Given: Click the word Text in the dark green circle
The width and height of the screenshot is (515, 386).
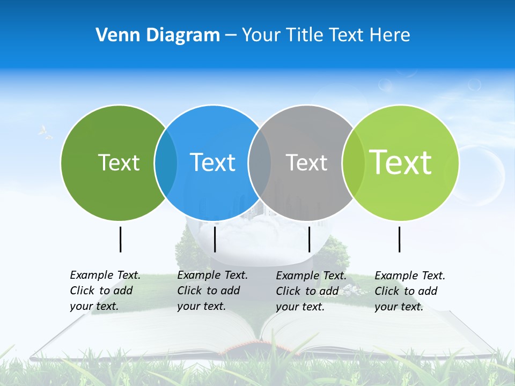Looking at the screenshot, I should coord(119,162).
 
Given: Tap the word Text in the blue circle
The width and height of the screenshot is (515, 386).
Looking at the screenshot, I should coord(212,162).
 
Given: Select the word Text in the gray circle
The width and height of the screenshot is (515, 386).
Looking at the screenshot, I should coord(306,162).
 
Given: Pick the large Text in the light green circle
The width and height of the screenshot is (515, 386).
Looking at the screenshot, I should coord(400,162).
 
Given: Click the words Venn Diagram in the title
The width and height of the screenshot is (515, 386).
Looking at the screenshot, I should coord(158,35).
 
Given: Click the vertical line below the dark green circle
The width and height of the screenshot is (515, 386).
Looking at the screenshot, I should coord(121,239).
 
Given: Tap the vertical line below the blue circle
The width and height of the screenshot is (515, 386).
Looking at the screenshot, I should coord(215,239).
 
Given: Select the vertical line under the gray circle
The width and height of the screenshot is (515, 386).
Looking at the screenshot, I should coord(310,239).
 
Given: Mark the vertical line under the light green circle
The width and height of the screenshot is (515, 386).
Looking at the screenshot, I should coord(400,239).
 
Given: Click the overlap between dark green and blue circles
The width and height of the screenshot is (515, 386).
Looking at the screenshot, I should coord(166,162).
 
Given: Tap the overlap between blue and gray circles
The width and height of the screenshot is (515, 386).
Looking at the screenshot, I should coord(260,162).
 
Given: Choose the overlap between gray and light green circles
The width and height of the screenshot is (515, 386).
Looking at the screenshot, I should coord(353,162).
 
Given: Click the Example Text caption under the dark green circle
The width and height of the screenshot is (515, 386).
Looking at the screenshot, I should coord(105,291).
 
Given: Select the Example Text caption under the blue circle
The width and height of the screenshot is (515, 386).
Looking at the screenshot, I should coord(212,291).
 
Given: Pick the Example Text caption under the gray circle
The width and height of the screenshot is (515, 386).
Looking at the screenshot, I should coord(311,291).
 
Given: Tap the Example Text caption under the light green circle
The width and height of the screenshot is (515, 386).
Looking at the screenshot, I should coord(410,291).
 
